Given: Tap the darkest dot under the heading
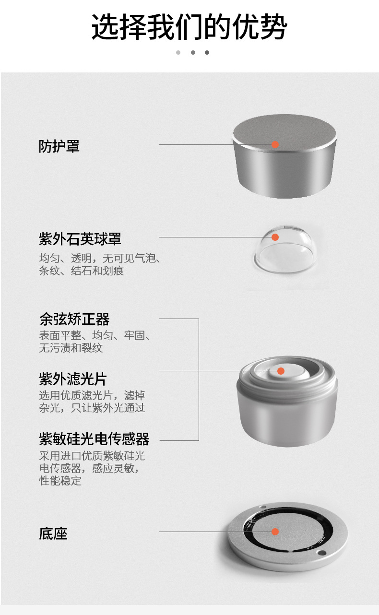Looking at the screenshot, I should [207, 52].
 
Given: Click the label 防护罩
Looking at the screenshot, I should [59, 146].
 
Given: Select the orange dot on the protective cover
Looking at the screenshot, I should [275, 144].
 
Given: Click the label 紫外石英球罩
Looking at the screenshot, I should [80, 238].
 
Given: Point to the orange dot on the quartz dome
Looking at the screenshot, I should [275, 237].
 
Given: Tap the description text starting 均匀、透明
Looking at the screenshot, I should [99, 264].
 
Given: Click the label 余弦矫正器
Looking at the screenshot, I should [74, 319].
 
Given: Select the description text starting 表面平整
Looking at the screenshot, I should [95, 342].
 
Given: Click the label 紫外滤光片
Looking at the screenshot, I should [72, 378].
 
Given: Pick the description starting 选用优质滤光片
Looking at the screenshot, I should [92, 402].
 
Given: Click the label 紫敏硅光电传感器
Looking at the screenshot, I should [94, 438].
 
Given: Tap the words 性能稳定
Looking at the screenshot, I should [60, 480].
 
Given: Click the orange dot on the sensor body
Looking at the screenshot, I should [281, 371].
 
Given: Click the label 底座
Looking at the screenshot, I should [53, 533].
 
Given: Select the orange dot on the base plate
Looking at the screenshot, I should [275, 532].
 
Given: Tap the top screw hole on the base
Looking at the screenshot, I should [262, 508].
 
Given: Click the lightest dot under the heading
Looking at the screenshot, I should [178, 52].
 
